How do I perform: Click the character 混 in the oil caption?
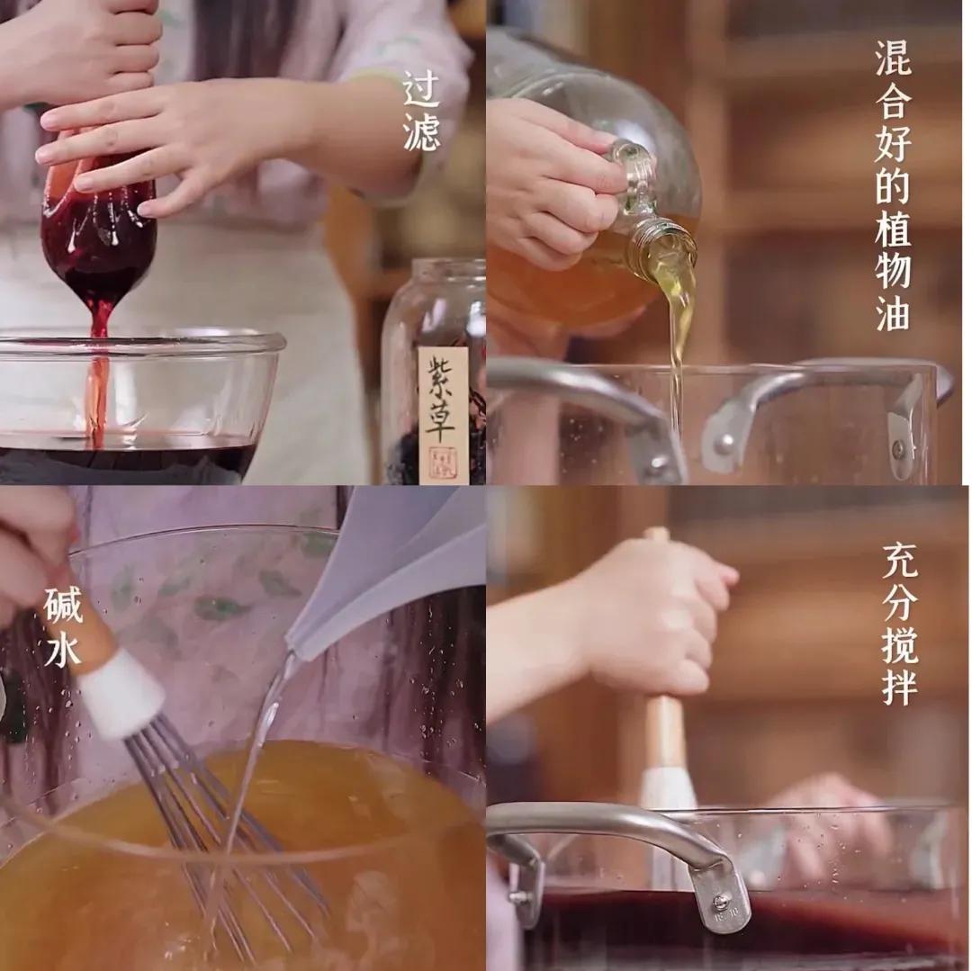tap(893, 60)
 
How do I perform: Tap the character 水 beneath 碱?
tap(63, 650)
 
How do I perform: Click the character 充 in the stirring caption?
tap(899, 562)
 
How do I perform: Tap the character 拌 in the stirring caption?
tap(899, 688)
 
